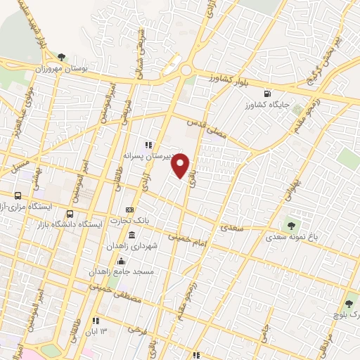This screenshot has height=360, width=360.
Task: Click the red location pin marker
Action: (x=181, y=165)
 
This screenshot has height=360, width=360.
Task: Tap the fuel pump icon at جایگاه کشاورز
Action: (x=266, y=94)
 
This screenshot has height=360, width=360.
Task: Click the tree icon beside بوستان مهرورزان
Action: (x=62, y=57)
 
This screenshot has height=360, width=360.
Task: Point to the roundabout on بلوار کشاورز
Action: (x=187, y=70)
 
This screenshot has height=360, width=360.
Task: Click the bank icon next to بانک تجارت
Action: (x=129, y=210)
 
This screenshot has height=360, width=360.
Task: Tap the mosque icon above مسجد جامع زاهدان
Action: (x=128, y=261)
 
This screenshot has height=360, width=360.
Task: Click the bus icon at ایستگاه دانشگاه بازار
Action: (x=69, y=214)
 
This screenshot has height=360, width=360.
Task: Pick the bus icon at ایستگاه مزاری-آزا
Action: (x=18, y=195)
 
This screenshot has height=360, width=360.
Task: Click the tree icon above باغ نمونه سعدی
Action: (x=290, y=226)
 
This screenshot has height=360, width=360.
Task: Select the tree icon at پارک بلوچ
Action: (x=349, y=304)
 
